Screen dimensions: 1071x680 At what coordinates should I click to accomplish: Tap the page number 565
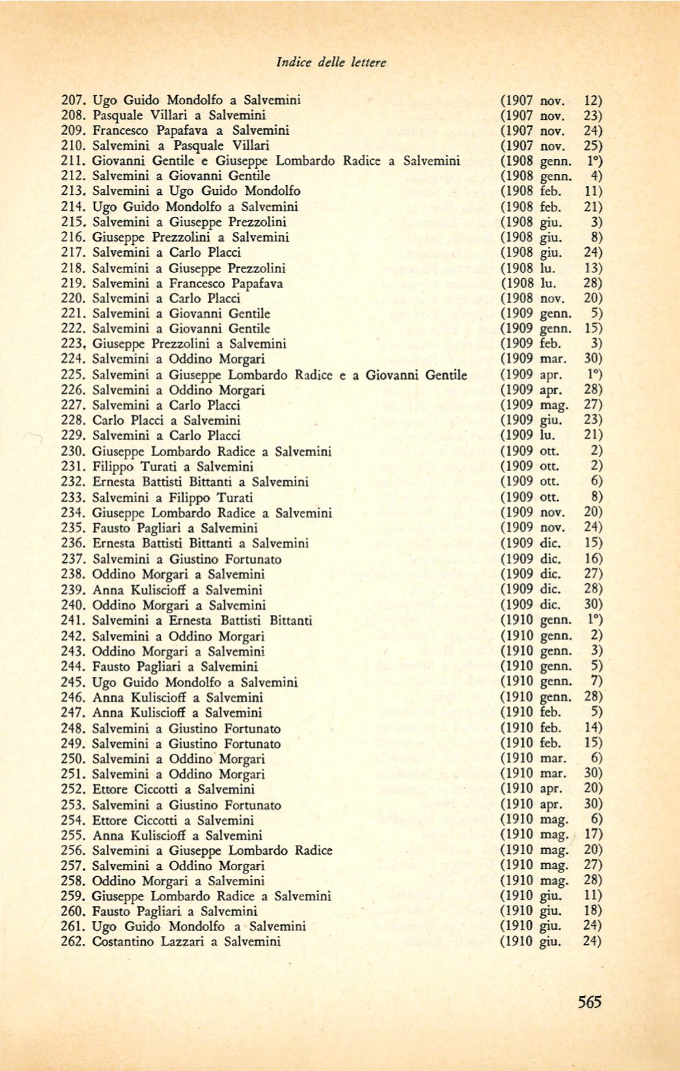tap(590, 1002)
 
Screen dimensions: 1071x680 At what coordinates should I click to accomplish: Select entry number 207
tap(73, 100)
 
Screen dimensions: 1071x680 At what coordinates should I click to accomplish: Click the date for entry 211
tap(551, 161)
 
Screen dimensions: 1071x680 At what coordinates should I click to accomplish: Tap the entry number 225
tap(73, 375)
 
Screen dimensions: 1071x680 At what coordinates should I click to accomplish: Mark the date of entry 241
tap(551, 621)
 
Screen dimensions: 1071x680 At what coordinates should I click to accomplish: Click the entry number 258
tap(73, 881)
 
